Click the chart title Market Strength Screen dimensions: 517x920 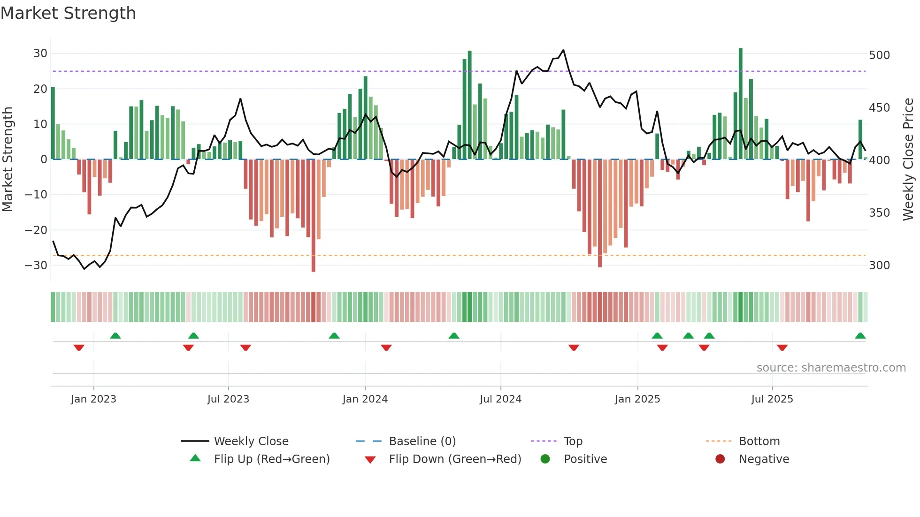click(x=68, y=13)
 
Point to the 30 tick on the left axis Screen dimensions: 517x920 click(x=40, y=53)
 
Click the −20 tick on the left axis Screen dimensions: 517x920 click(x=36, y=230)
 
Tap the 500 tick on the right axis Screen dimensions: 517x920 click(x=879, y=55)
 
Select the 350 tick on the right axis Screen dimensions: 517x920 click(x=879, y=213)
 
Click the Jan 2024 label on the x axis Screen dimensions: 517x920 click(x=365, y=399)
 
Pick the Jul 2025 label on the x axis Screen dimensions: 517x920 click(x=772, y=399)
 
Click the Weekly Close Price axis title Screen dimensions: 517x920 click(x=908, y=160)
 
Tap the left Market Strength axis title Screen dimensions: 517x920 click(x=8, y=160)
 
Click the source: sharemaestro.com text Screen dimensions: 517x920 click(x=831, y=368)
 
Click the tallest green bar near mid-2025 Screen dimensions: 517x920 click(x=741, y=103)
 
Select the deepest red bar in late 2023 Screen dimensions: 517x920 click(x=314, y=216)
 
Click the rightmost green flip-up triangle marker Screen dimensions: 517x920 click(x=860, y=336)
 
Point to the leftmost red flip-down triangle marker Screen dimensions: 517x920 click(x=79, y=348)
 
